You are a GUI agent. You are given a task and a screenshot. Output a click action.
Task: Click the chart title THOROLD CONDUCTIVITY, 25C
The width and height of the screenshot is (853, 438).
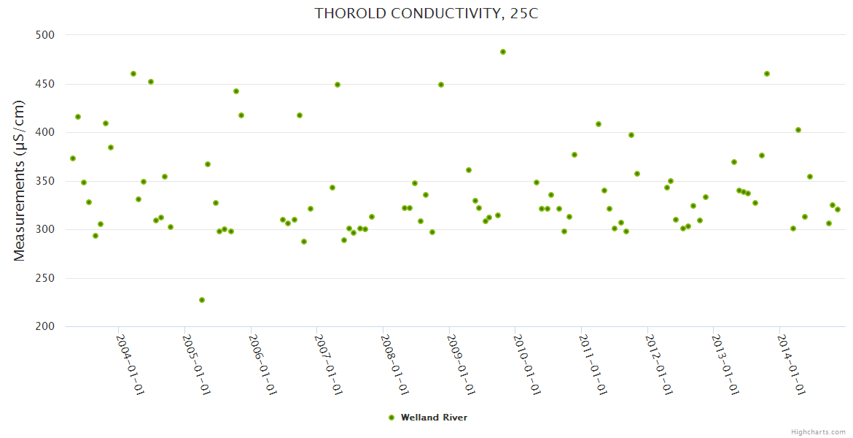[426, 13]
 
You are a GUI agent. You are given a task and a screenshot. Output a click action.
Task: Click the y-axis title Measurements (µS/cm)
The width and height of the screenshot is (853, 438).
[20, 180]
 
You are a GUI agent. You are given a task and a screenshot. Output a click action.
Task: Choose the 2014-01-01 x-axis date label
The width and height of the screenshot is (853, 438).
[792, 364]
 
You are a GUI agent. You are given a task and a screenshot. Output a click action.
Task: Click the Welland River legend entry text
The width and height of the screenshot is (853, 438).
[434, 418]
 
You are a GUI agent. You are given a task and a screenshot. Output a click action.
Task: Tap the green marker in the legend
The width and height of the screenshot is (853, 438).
[392, 418]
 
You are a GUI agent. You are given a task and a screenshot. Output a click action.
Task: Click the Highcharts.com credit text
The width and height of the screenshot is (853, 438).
[818, 431]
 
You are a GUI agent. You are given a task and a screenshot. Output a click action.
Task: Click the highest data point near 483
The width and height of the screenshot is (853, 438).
[503, 52]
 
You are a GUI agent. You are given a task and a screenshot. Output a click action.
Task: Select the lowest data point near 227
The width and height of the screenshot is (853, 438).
[202, 300]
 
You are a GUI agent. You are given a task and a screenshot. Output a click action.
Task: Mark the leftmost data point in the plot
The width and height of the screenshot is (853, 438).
[73, 158]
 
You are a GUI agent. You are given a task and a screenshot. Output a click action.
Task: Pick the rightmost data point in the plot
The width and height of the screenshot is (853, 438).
[838, 210]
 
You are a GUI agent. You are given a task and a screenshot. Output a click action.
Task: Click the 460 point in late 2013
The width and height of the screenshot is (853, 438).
[767, 74]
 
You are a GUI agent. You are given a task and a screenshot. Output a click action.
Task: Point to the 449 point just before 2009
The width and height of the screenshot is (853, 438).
[441, 85]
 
